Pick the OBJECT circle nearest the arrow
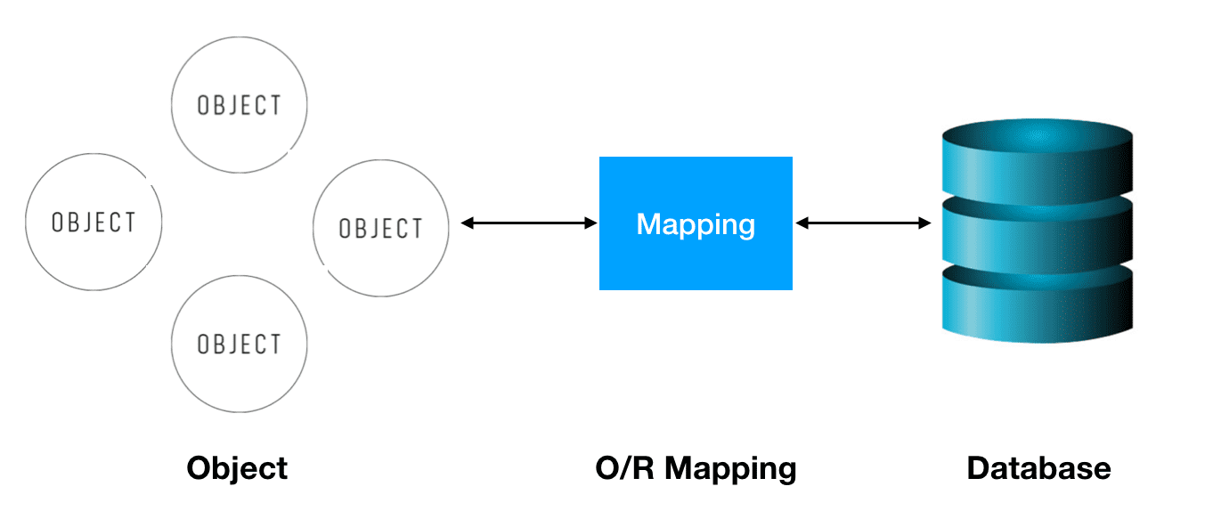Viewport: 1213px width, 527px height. pyautogui.click(x=381, y=228)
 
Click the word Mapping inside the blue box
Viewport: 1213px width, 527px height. pyautogui.click(x=696, y=223)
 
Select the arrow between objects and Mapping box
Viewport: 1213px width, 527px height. pyautogui.click(x=529, y=223)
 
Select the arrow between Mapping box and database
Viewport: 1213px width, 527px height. pyautogui.click(x=862, y=223)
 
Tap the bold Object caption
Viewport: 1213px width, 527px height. pyautogui.click(x=237, y=468)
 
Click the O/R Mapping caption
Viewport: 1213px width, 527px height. pyautogui.click(x=696, y=468)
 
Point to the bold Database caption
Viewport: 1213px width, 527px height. pyautogui.click(x=1038, y=468)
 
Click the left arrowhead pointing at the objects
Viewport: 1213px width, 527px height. pyautogui.click(x=467, y=223)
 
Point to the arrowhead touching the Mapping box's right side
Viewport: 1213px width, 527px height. pyautogui.click(x=801, y=223)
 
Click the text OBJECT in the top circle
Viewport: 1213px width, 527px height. pyautogui.click(x=239, y=105)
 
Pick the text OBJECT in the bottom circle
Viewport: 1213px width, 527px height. pyautogui.click(x=239, y=344)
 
